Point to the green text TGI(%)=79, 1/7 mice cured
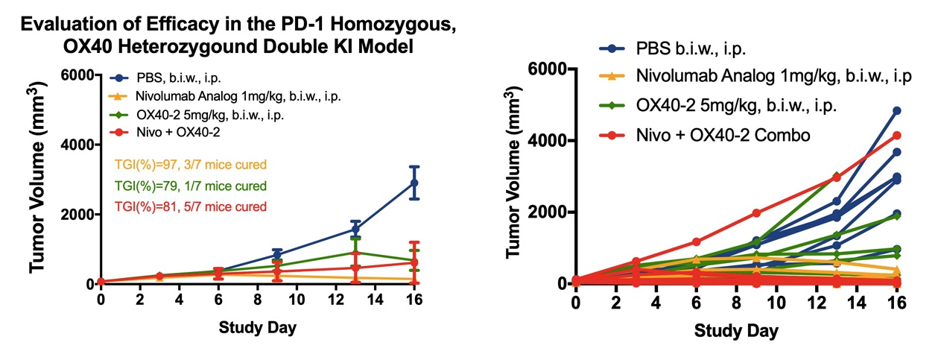(x=190, y=186)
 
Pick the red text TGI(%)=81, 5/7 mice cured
(x=190, y=205)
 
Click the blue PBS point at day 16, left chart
(x=414, y=183)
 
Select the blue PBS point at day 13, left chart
(x=355, y=230)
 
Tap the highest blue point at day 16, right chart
(x=897, y=111)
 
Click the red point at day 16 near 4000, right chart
(x=897, y=136)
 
